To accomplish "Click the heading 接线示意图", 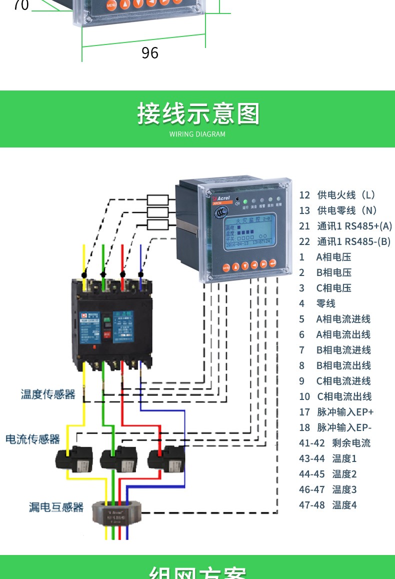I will click(x=198, y=114).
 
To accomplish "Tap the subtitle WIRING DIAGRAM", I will click(x=197, y=134).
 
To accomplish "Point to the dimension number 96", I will click(x=149, y=52).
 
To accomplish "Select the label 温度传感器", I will click(x=48, y=394).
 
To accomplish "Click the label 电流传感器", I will click(x=32, y=439).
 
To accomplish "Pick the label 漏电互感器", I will click(x=56, y=507).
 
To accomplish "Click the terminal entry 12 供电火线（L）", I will click(x=337, y=195).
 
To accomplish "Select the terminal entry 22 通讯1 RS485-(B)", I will click(x=344, y=241).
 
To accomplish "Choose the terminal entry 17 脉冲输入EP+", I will click(x=336, y=412).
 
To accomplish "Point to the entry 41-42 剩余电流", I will click(x=334, y=443).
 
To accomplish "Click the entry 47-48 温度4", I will click(x=327, y=505).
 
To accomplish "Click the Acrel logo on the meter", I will click(x=220, y=198).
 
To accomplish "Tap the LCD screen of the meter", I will click(x=249, y=233).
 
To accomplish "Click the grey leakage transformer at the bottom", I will click(x=117, y=513).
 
